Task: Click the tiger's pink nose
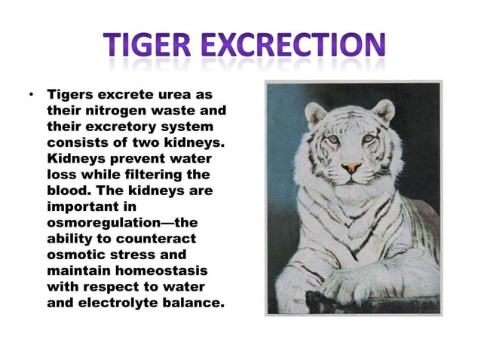point(351,167)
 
